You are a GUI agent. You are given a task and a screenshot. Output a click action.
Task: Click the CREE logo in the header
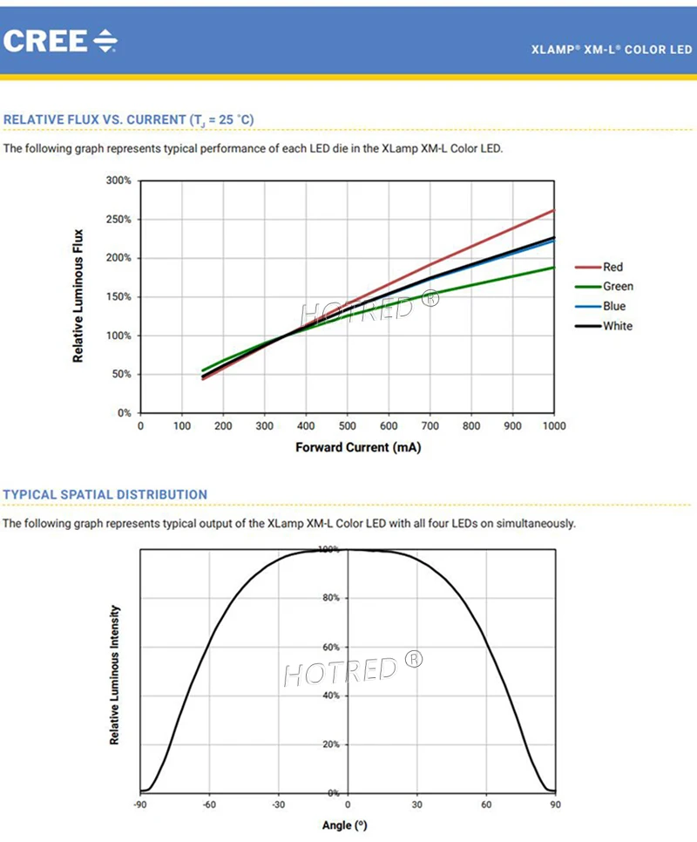pos(60,40)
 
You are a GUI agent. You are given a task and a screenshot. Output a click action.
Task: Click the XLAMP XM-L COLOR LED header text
pos(612,51)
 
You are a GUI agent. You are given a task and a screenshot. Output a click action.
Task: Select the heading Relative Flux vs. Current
pos(129,119)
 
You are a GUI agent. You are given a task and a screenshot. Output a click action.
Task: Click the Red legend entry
pos(612,267)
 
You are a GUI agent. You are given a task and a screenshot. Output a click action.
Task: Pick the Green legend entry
pos(618,286)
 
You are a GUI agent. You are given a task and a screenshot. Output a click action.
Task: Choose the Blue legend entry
pos(613,306)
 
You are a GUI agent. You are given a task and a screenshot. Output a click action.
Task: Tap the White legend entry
pos(617,326)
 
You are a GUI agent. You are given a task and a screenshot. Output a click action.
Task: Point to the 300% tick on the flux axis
pos(118,180)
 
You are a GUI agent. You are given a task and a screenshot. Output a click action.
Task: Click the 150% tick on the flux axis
pos(118,296)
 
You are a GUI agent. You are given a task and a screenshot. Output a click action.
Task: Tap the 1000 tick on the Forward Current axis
pos(553,426)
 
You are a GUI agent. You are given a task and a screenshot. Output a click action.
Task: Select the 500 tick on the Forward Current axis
pos(347,426)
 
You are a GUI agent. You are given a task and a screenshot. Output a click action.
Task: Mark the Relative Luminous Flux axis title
pos(78,295)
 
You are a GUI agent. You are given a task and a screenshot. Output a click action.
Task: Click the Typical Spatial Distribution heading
pos(105,494)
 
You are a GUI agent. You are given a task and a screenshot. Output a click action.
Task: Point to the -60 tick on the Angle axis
pos(209,805)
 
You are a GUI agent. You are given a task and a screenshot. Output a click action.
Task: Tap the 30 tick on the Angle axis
pos(417,805)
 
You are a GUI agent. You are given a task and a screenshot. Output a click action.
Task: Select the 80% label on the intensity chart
pos(329,598)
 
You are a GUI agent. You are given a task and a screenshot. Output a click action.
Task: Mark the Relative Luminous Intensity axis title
pos(114,675)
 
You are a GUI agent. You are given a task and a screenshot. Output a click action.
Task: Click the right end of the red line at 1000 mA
pos(553,210)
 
